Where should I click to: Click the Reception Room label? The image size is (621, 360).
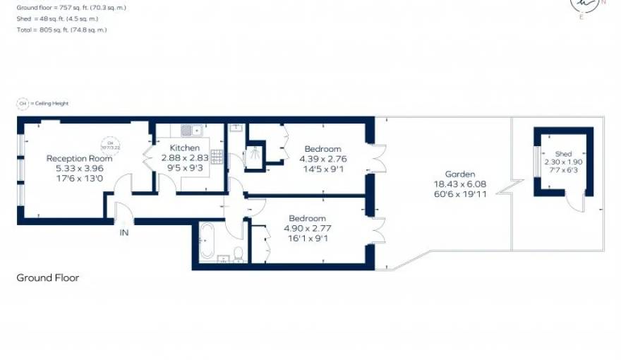(80, 159)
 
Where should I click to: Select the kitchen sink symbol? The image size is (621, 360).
(190, 129)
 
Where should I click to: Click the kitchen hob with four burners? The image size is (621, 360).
(217, 157)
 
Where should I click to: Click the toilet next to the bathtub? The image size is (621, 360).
(239, 253)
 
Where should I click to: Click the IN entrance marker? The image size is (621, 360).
(123, 232)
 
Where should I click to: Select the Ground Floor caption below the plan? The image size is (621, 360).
(48, 278)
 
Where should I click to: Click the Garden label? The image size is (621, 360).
(459, 174)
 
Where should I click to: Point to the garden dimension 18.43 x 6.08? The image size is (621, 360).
(459, 184)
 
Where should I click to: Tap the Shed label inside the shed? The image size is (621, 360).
(563, 154)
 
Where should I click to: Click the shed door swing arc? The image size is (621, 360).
(578, 203)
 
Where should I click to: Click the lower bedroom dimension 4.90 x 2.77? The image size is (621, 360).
(307, 228)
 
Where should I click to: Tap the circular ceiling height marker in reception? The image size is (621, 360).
(110, 145)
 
